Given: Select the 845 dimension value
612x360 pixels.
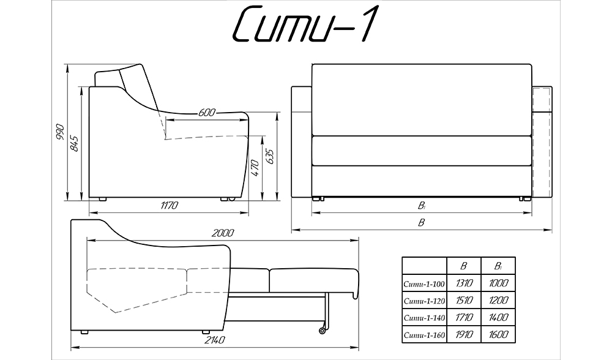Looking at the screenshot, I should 75,143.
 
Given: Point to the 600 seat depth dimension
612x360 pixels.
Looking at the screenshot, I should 207,113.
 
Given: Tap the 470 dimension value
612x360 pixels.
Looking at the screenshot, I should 255,168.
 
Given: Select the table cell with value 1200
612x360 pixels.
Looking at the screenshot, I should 498,301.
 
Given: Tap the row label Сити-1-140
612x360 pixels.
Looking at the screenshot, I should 424,318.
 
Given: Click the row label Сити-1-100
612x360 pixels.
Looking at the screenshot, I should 424,283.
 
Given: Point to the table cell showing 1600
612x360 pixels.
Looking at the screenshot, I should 498,335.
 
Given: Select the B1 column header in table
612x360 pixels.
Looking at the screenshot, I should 498,266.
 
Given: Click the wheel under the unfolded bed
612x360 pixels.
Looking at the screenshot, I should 322,331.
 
